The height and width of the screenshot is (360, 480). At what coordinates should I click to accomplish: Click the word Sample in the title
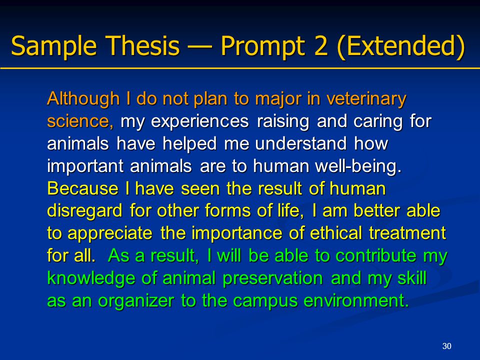(x=54, y=46)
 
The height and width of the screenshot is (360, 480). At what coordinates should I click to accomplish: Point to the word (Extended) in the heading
(x=401, y=46)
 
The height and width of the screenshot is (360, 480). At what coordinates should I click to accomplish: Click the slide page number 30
(x=447, y=346)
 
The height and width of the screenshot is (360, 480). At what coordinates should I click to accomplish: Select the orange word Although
(x=83, y=98)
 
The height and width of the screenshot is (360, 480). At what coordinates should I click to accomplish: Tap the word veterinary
(x=366, y=99)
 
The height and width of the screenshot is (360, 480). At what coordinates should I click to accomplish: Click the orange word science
(x=80, y=121)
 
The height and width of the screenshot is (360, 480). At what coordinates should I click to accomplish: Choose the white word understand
(x=301, y=144)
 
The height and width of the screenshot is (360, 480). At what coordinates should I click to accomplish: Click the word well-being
(x=358, y=166)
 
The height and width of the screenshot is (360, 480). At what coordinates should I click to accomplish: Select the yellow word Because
(x=82, y=188)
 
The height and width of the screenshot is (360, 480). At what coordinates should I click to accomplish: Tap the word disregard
(x=85, y=211)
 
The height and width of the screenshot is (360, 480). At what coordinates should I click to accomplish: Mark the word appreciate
(x=110, y=234)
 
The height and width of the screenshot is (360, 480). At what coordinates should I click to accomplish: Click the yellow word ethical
(x=336, y=233)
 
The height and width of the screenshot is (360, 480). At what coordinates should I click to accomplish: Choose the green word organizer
(x=136, y=301)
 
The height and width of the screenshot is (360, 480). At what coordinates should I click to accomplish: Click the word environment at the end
(x=356, y=301)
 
